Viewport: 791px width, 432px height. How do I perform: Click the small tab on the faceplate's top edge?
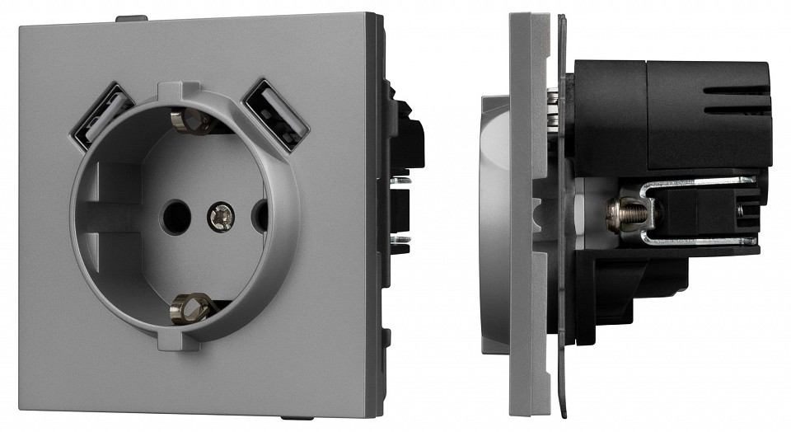131,16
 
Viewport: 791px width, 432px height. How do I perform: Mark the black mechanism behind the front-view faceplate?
405,181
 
